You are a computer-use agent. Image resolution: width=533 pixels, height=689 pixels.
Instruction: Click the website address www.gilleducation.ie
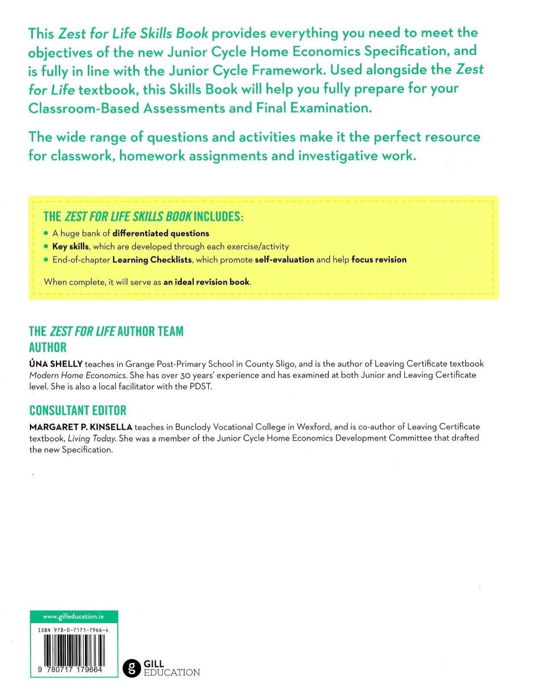pyautogui.click(x=74, y=616)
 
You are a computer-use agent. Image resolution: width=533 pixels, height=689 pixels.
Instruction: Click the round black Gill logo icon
pyautogui.click(x=132, y=668)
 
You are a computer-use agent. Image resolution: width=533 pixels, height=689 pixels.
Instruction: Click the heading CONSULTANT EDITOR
pyautogui.click(x=78, y=410)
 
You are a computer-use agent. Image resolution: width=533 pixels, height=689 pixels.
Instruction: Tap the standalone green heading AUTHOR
pyautogui.click(x=48, y=348)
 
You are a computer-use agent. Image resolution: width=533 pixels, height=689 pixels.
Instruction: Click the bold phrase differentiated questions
pyautogui.click(x=161, y=233)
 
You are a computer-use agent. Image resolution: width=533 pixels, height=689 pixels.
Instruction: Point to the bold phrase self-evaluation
pyautogui.click(x=284, y=260)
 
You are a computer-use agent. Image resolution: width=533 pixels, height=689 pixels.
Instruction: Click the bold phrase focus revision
pyautogui.click(x=379, y=260)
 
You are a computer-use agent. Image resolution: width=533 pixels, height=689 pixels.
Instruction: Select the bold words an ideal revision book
pyautogui.click(x=206, y=282)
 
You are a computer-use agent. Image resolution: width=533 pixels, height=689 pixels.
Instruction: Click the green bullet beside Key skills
pyautogui.click(x=46, y=246)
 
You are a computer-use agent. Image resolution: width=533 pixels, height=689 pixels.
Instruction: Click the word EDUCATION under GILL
pyautogui.click(x=172, y=673)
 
